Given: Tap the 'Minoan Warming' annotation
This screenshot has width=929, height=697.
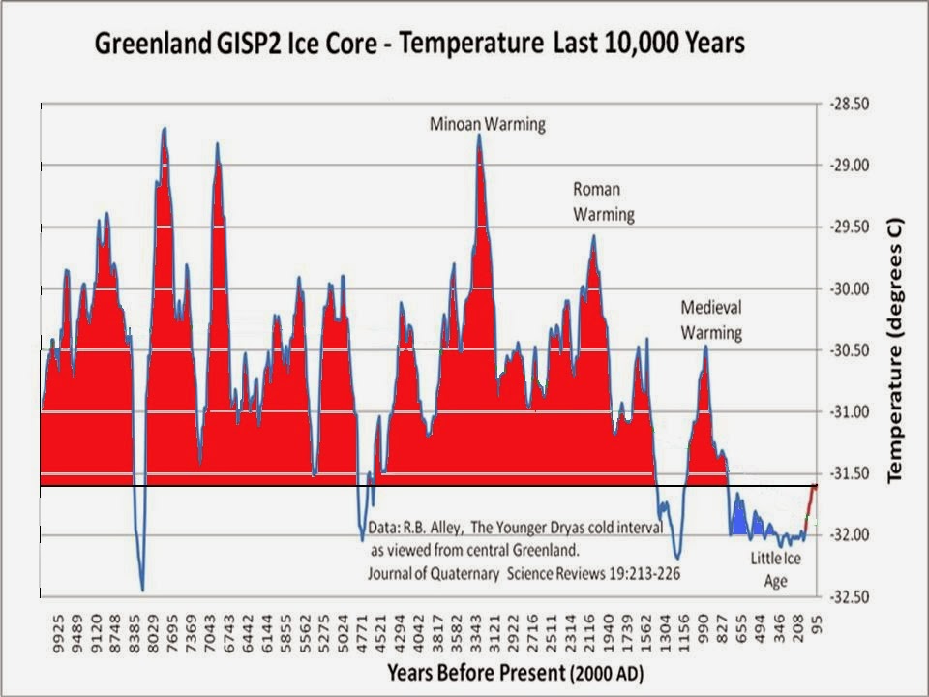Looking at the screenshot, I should [488, 124].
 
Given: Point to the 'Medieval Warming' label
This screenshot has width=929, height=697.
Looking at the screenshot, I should [711, 320].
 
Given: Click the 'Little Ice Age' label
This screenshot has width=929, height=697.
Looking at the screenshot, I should [776, 569].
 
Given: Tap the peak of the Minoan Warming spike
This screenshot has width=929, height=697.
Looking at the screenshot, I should [479, 136].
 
